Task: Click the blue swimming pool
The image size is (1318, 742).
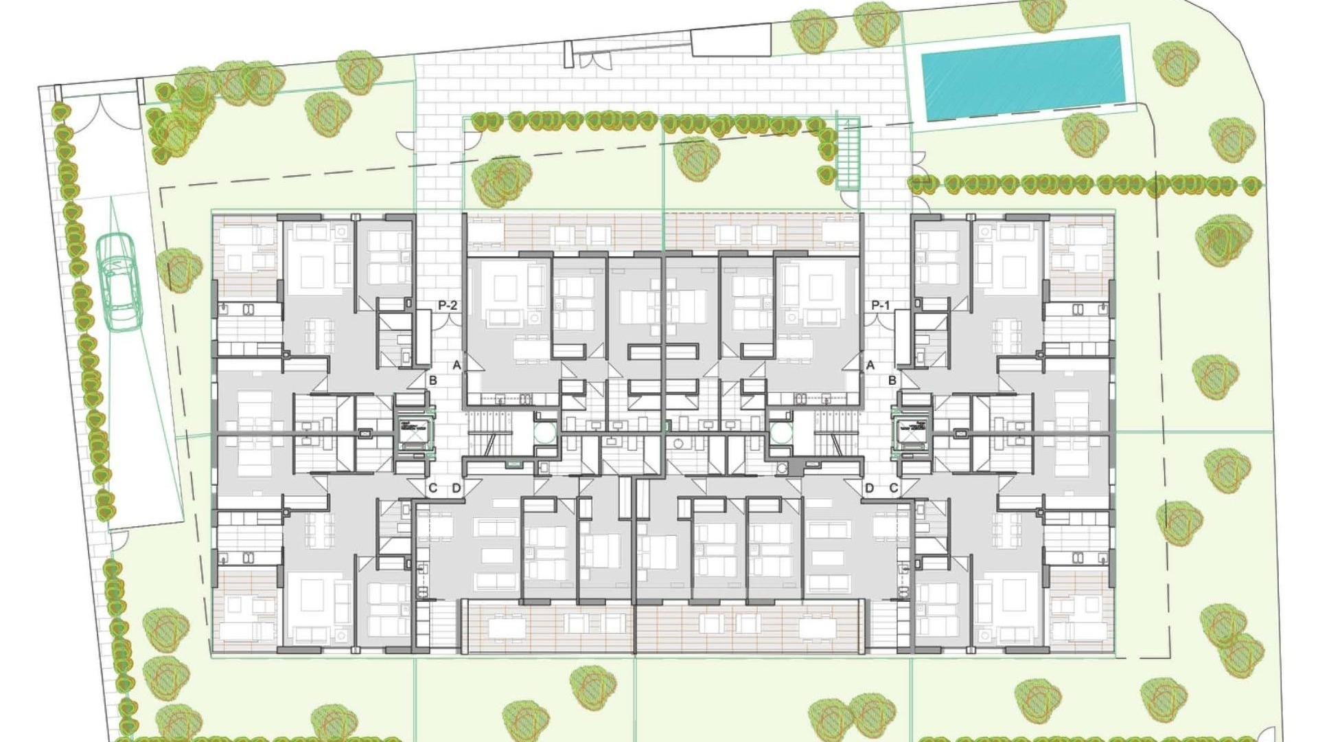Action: pyautogui.click(x=1022, y=77)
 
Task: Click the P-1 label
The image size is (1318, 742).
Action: pyautogui.click(x=880, y=305)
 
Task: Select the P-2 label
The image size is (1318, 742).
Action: pyautogui.click(x=447, y=305)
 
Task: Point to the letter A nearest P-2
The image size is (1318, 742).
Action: pyautogui.click(x=456, y=366)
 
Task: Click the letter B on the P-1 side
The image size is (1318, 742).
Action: pyautogui.click(x=892, y=380)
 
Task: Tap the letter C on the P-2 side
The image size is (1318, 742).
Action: pyautogui.click(x=432, y=488)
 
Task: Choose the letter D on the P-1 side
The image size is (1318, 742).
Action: pyautogui.click(x=870, y=488)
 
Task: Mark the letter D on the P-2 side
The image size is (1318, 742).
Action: pyautogui.click(x=456, y=488)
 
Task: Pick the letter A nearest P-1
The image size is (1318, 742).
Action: pyautogui.click(x=870, y=366)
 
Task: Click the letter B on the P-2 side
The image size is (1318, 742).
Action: pyautogui.click(x=432, y=380)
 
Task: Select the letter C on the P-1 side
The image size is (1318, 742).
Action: pyautogui.click(x=894, y=488)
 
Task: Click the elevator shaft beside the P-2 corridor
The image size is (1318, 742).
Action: pyautogui.click(x=413, y=433)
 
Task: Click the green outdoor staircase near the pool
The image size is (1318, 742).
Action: pyautogui.click(x=848, y=154)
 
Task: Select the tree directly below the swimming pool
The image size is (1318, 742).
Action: pyautogui.click(x=1085, y=134)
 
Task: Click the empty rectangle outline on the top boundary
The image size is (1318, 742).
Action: pyautogui.click(x=730, y=43)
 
